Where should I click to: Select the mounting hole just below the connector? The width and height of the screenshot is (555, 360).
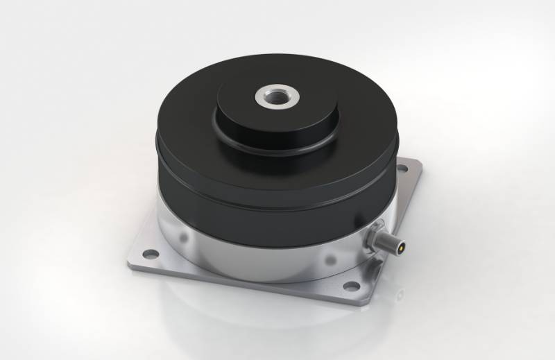352,286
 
